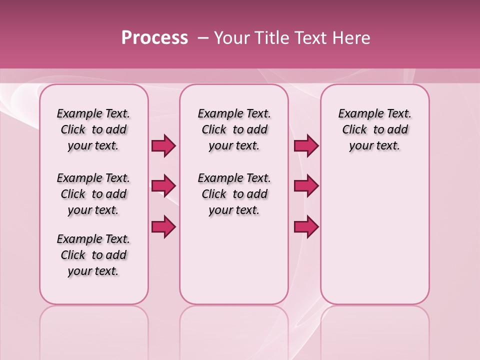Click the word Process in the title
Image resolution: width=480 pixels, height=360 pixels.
tap(154, 38)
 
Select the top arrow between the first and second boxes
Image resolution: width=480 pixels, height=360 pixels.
tap(163, 145)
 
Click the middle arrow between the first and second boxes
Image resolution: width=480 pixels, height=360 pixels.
tap(163, 186)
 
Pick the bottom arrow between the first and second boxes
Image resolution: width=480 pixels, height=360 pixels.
tap(163, 227)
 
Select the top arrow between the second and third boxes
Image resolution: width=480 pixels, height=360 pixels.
tap(306, 145)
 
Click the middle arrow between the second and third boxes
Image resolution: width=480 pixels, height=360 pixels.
tap(306, 186)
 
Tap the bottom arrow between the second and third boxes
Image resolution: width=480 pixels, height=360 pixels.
tap(306, 227)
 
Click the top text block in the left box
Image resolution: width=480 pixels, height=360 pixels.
tap(93, 129)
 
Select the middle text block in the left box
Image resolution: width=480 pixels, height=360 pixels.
tap(93, 194)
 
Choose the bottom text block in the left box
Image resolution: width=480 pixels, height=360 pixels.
tap(93, 255)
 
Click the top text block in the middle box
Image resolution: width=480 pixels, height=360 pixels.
tap(234, 129)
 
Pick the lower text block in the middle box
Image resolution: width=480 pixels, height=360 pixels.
tap(234, 194)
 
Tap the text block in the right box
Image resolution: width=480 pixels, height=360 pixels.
tap(375, 129)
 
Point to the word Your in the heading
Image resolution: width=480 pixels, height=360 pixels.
tap(231, 38)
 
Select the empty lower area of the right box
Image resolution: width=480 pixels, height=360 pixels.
tap(375, 235)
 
